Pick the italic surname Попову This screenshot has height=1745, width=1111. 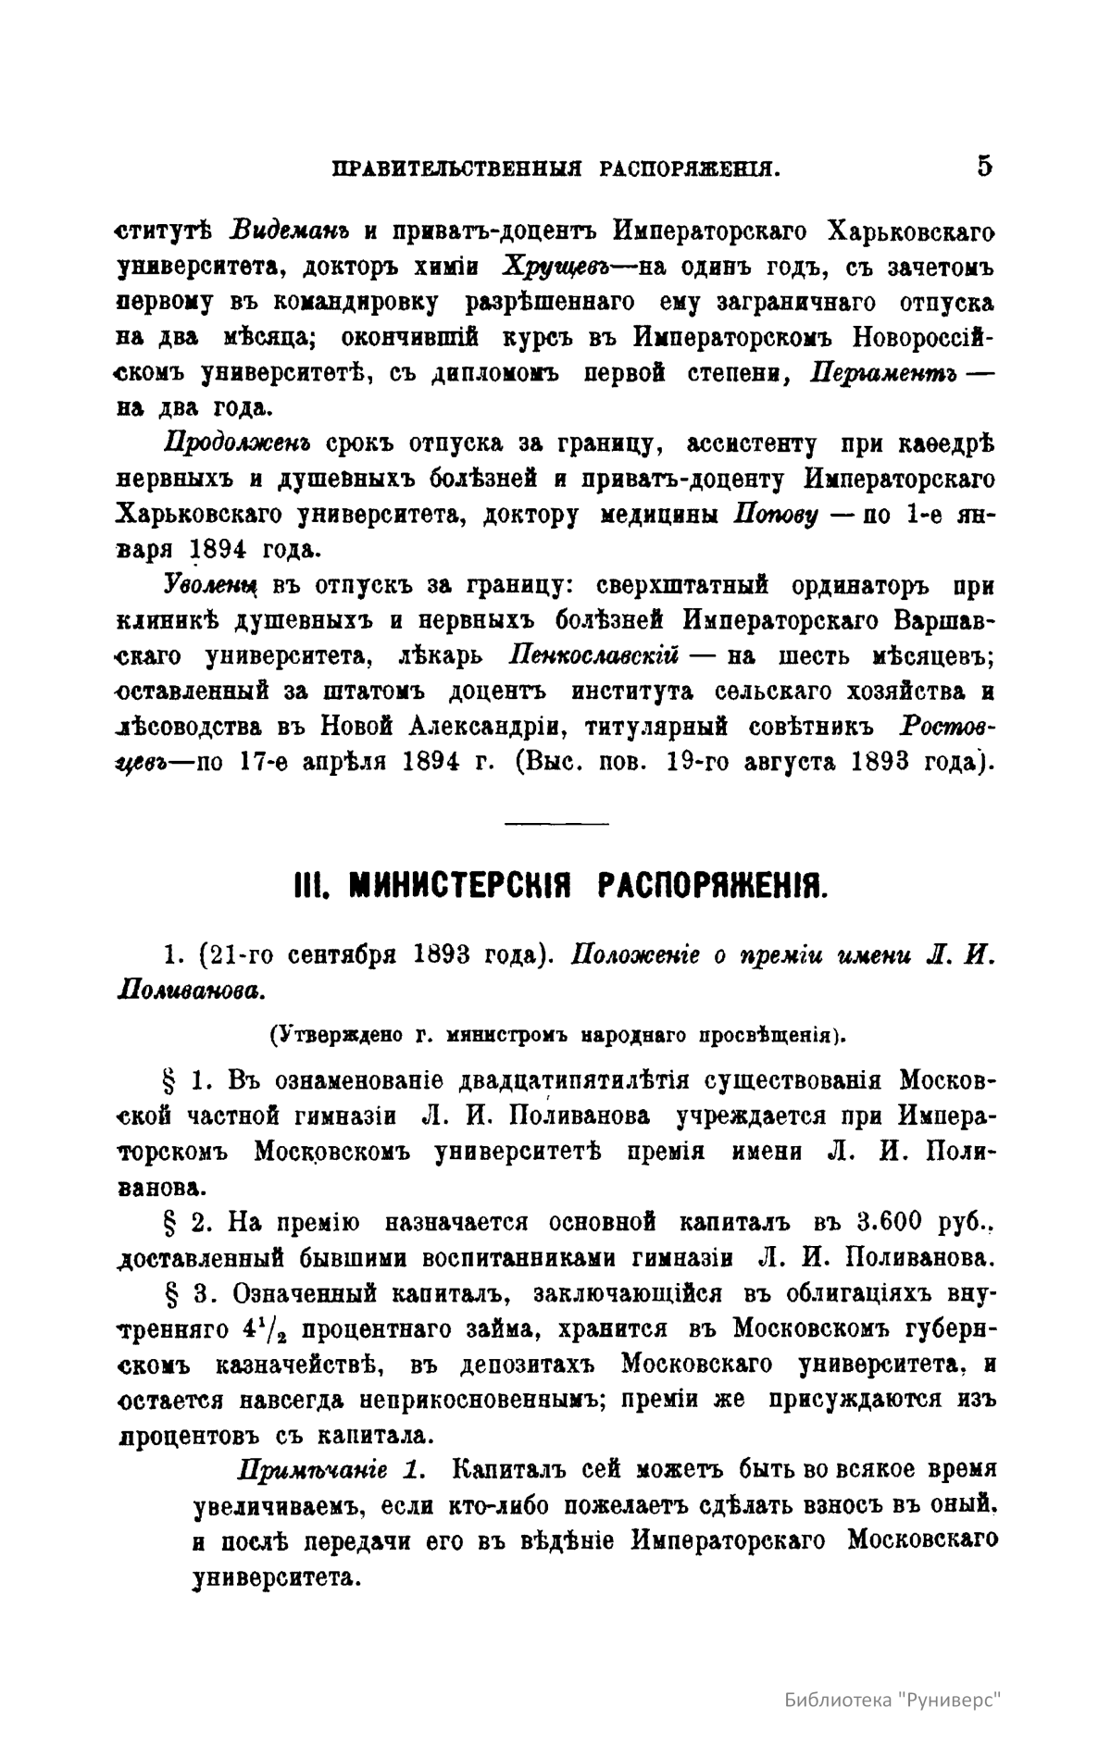[x=775, y=514]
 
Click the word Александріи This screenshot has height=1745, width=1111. [x=475, y=726]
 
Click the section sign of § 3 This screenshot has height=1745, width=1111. [x=169, y=1293]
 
